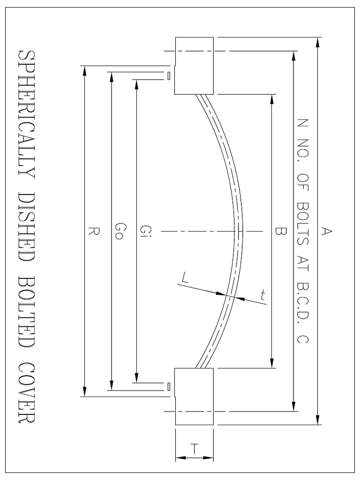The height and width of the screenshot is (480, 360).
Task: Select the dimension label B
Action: click(279, 231)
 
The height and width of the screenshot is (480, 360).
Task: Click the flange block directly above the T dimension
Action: click(195, 396)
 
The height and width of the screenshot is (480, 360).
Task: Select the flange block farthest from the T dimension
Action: click(195, 66)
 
